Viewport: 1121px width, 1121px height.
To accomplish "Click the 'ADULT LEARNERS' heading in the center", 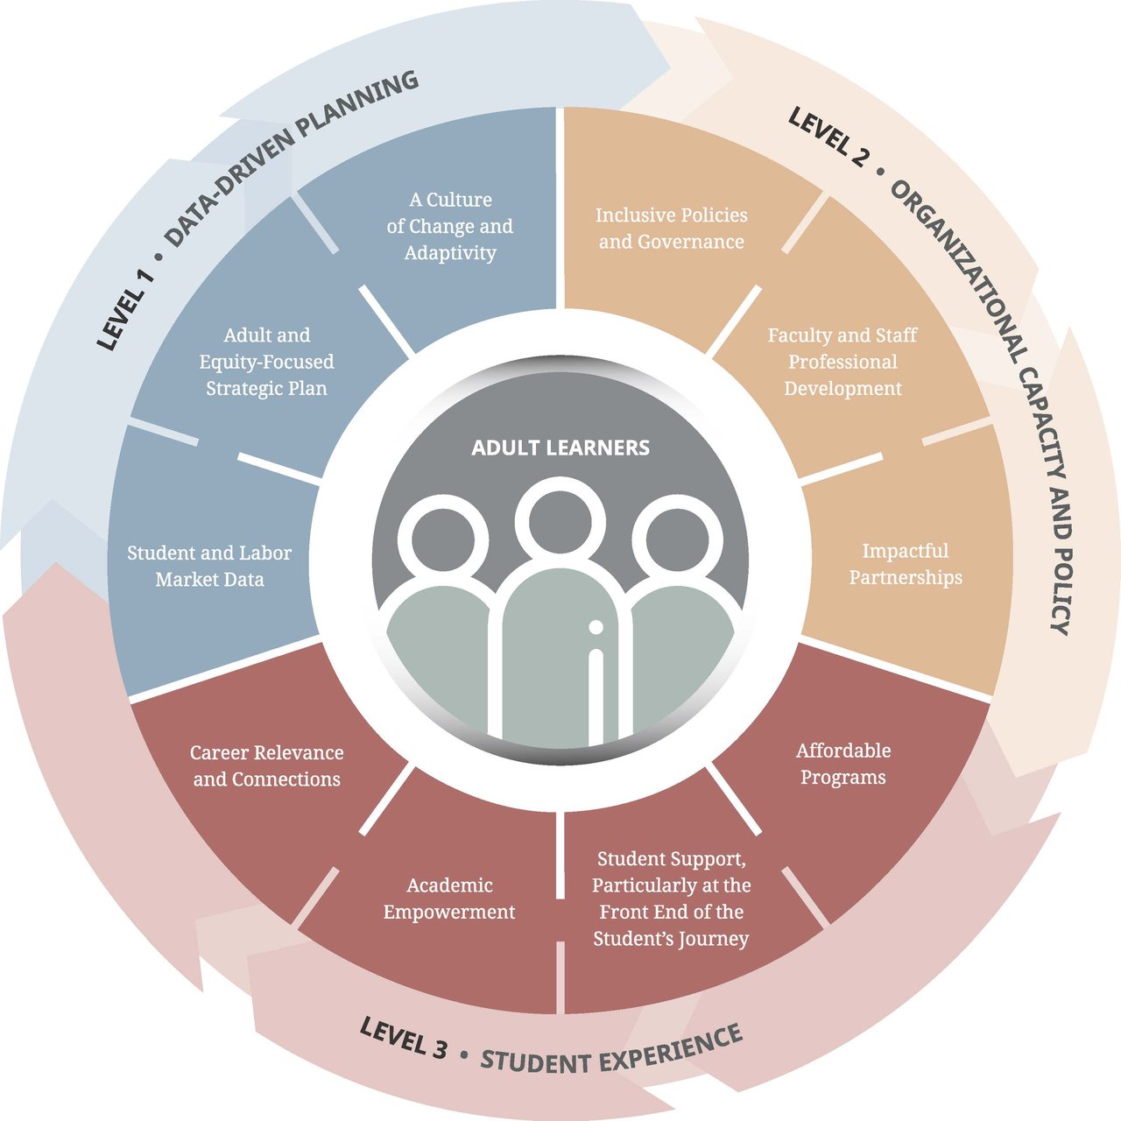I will pyautogui.click(x=560, y=448).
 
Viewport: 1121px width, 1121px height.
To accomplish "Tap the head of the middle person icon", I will pyautogui.click(x=560, y=522).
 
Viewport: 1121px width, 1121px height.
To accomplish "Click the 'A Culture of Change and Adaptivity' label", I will pyautogui.click(x=450, y=226).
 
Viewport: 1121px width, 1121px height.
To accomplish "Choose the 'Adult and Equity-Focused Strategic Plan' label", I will pyautogui.click(x=266, y=361).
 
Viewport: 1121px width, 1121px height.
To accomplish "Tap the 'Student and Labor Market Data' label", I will pyautogui.click(x=209, y=566).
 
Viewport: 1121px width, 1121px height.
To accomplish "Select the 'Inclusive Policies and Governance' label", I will pyautogui.click(x=672, y=228).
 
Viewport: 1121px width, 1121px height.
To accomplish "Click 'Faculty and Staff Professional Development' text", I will pyautogui.click(x=843, y=361).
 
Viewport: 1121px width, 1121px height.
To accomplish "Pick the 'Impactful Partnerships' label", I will pyautogui.click(x=906, y=564).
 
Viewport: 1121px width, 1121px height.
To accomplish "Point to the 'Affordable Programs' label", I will pyautogui.click(x=843, y=764).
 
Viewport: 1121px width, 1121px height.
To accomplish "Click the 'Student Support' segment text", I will pyautogui.click(x=672, y=899).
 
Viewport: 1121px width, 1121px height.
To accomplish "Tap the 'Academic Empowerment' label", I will pyautogui.click(x=449, y=899).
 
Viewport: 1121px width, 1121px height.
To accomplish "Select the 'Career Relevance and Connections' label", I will pyautogui.click(x=266, y=765).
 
